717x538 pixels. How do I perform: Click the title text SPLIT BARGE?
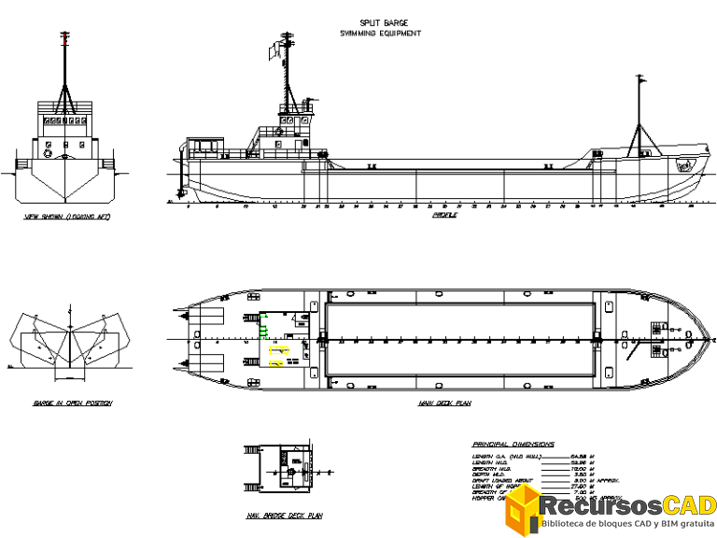[x=383, y=23]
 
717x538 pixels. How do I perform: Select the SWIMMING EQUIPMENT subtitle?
[x=380, y=34]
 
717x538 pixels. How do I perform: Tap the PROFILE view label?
[x=444, y=216]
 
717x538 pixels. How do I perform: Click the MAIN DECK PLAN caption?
[x=444, y=404]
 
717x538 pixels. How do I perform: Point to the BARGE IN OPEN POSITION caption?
[x=72, y=403]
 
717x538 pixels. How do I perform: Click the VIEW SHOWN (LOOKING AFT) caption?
[x=67, y=217]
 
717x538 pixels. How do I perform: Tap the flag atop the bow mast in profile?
[x=641, y=80]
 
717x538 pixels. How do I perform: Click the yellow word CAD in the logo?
[x=690, y=505]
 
